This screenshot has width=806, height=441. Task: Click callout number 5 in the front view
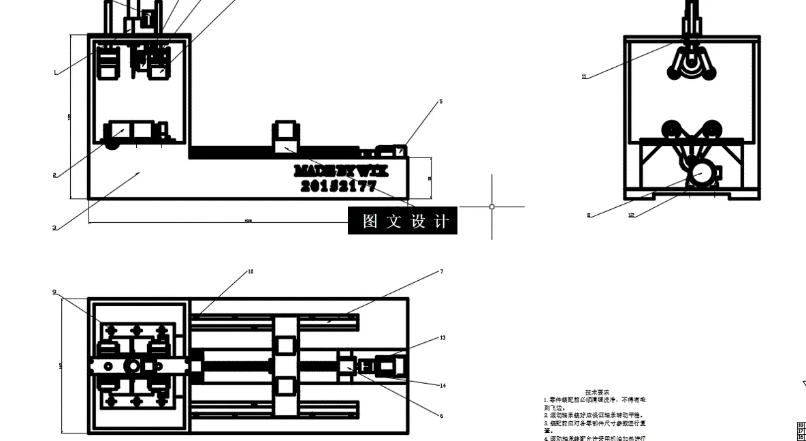[440, 102]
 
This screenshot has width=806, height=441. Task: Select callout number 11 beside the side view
[584, 77]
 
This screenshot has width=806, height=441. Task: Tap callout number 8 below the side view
[589, 215]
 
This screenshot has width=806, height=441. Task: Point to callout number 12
[631, 215]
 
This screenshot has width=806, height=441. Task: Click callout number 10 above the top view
[251, 271]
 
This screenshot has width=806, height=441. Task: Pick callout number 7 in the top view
[441, 271]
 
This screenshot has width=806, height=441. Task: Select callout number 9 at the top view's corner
[54, 292]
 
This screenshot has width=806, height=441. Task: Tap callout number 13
[442, 337]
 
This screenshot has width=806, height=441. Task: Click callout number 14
[442, 386]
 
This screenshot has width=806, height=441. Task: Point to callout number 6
[441, 416]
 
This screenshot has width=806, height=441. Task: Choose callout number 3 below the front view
[54, 228]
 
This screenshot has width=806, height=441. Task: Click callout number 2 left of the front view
[54, 175]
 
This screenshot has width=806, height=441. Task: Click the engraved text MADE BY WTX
[341, 170]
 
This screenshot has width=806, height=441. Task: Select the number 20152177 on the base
[338, 185]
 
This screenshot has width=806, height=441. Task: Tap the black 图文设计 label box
[402, 221]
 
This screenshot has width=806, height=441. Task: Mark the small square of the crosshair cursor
[492, 207]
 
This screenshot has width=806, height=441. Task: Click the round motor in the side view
[700, 173]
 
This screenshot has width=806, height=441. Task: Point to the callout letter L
[56, 72]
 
